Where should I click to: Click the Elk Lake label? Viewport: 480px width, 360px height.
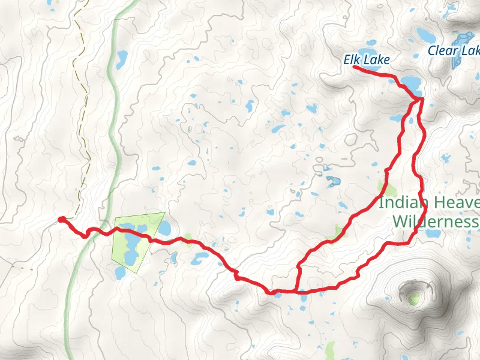pos(367,60)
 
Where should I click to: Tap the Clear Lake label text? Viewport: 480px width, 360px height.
pos(453,51)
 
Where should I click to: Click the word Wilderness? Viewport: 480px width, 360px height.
pos(436,222)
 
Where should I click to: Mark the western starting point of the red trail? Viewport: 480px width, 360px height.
pos(61,220)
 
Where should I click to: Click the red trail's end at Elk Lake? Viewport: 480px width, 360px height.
pos(353,67)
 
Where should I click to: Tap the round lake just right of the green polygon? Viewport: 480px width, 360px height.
pos(164,228)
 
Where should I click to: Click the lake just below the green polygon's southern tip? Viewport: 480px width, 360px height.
pos(121,273)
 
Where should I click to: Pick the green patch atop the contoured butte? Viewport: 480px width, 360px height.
pos(414,298)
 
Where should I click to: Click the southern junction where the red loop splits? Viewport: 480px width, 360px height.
pos(296,291)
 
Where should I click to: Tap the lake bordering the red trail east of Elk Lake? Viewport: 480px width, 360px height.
pos(411,82)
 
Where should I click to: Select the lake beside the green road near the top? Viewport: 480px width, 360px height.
pos(122,58)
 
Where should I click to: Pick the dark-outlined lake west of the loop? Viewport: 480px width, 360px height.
pos(330,180)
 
